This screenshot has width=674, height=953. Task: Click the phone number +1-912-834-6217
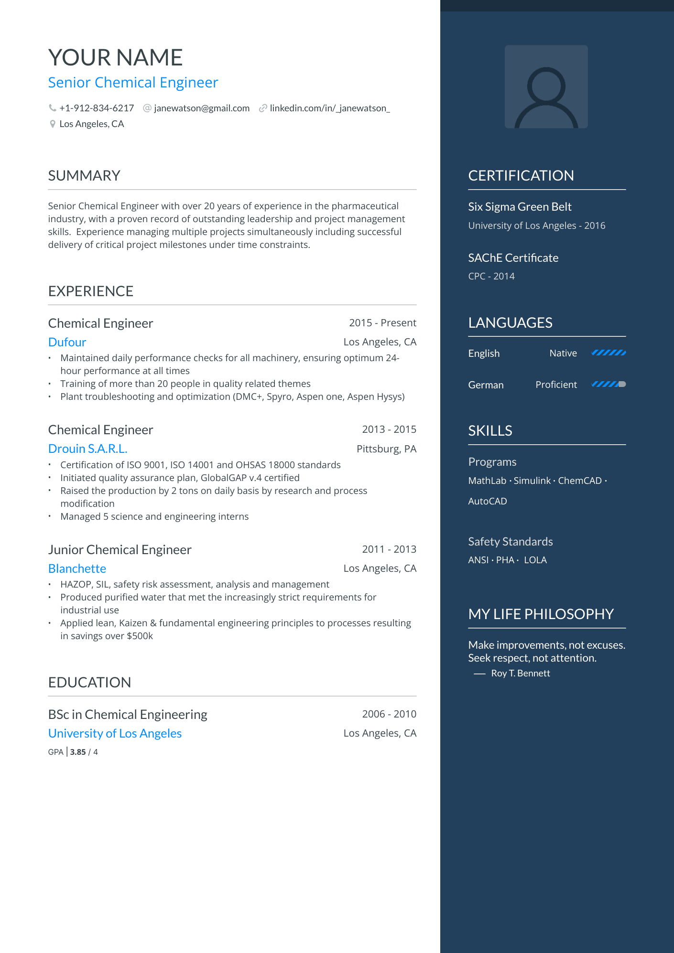(96, 108)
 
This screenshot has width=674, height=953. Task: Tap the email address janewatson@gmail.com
(201, 108)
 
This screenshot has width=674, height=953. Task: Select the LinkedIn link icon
(262, 108)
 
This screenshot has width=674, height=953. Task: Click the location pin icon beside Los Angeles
(53, 124)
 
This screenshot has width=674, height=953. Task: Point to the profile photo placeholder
(546, 87)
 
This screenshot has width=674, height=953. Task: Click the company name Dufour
(67, 343)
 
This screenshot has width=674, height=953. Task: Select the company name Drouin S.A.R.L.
(87, 449)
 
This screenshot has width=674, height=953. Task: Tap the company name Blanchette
(77, 569)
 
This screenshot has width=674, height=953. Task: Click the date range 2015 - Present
(382, 323)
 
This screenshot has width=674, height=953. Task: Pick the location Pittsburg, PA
(386, 449)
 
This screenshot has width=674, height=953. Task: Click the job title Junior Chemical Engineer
(120, 550)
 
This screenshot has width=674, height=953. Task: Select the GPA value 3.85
(78, 752)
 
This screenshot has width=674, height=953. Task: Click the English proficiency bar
(609, 353)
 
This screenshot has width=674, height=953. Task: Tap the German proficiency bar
(609, 385)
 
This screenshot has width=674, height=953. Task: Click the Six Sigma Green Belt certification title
(520, 207)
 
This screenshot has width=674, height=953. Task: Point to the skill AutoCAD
(488, 501)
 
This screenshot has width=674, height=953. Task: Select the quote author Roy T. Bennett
(520, 674)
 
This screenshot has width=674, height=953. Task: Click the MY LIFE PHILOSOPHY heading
(541, 614)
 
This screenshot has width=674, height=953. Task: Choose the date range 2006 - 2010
(389, 714)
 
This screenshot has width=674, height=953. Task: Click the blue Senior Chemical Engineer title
(133, 83)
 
